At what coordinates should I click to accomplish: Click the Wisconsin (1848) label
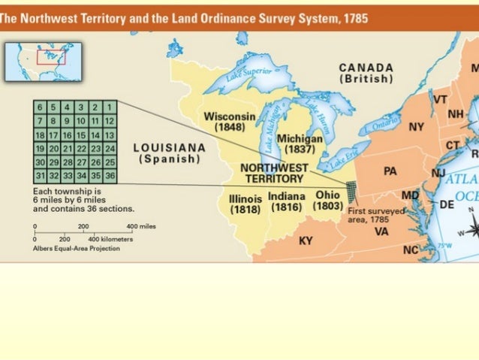pyautogui.click(x=229, y=122)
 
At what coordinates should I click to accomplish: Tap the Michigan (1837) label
pyautogui.click(x=300, y=144)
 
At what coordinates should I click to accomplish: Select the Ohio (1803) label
pyautogui.click(x=327, y=201)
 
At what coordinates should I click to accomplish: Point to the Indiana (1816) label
pyautogui.click(x=286, y=201)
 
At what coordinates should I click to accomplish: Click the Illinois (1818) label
pyautogui.click(x=245, y=204)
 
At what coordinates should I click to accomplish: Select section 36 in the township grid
pyautogui.click(x=110, y=175)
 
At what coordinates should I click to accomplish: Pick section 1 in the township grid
pyautogui.click(x=110, y=107)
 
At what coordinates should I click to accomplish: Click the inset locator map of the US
pyautogui.click(x=43, y=61)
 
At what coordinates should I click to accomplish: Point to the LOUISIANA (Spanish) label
pyautogui.click(x=169, y=153)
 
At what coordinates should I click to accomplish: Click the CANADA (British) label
pyautogui.click(x=366, y=73)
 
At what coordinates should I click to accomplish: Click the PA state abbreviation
pyautogui.click(x=390, y=171)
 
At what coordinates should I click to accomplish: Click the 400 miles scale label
pyautogui.click(x=141, y=205)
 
